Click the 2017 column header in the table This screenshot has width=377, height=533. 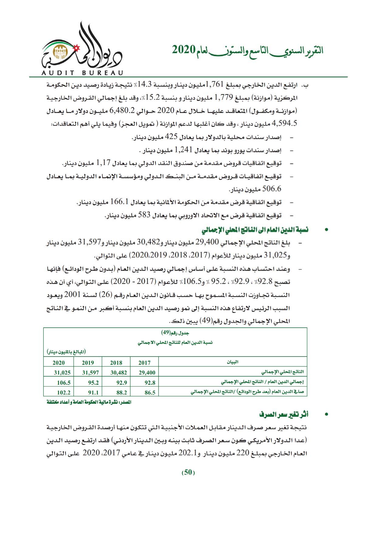pyautogui.click(x=144, y=363)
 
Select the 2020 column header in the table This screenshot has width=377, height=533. pyautogui.click(x=59, y=363)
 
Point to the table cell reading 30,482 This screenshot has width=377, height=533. pyautogui.click(x=118, y=373)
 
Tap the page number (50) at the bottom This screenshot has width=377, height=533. pyautogui.click(x=188, y=472)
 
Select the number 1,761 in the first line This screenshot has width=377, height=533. pyautogui.click(x=215, y=84)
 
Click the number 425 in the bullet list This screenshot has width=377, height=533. pyautogui.click(x=171, y=137)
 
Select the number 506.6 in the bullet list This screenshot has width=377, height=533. pyautogui.click(x=272, y=189)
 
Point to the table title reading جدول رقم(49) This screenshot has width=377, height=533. pyautogui.click(x=175, y=333)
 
